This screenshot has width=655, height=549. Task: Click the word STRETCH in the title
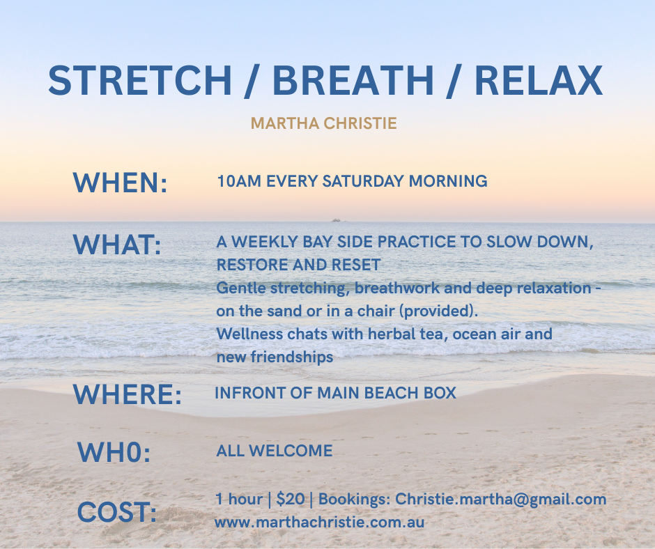140,80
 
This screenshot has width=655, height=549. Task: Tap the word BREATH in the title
353,80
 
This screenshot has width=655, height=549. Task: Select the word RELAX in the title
539,80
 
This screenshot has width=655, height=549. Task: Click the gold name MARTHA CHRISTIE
324,123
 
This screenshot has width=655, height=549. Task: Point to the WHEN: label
121,183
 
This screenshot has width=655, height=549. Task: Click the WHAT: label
117,245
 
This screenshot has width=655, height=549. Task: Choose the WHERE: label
128,394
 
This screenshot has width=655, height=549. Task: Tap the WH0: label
114,452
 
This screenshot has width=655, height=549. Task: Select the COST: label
117,512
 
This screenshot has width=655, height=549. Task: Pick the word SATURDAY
363,181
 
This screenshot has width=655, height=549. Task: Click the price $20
291,499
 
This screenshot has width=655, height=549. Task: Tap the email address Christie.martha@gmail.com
500,500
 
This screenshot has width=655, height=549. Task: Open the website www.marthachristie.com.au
320,523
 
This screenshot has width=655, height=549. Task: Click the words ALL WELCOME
275,451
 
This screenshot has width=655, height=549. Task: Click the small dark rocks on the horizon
337,219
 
